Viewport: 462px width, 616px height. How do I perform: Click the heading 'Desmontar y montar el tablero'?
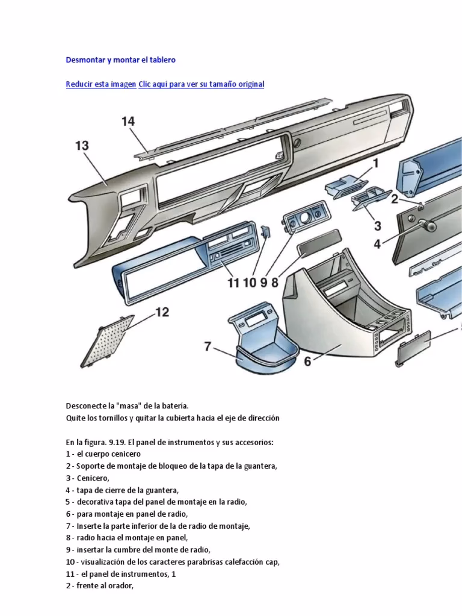pos(120,60)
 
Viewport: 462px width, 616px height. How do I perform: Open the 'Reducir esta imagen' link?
pos(100,84)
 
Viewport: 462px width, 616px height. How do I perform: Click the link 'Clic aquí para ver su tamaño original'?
pos(201,84)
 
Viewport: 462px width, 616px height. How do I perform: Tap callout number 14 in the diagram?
pos(128,122)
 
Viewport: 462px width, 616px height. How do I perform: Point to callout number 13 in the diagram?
pos(82,146)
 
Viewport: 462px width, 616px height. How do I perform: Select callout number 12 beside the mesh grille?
pos(162,312)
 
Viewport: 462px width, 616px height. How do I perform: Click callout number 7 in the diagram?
pos(208,346)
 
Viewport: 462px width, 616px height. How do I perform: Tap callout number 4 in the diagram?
pos(377,244)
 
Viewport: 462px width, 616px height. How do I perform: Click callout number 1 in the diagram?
pos(375,162)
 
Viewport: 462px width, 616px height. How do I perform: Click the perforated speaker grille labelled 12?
pos(112,340)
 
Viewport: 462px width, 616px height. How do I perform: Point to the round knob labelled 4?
pos(430,226)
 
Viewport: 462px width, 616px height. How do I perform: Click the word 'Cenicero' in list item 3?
pos(93,478)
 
